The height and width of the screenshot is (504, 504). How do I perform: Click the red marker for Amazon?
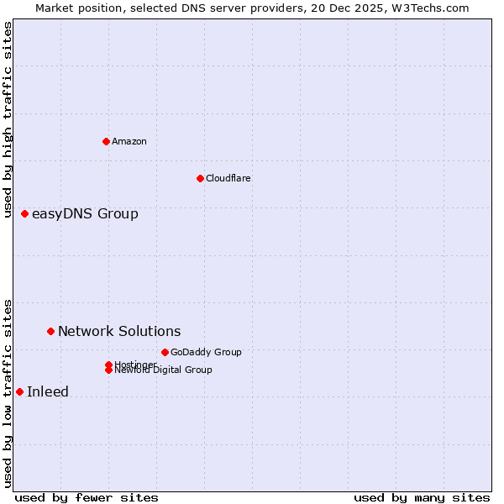[106, 141]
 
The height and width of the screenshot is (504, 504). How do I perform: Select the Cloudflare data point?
[200, 178]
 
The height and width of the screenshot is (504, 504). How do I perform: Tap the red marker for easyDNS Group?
[25, 214]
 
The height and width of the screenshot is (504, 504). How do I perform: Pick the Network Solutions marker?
[50, 332]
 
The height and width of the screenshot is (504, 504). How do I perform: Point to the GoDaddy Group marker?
[165, 352]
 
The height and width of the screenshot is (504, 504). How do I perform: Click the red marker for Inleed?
[19, 391]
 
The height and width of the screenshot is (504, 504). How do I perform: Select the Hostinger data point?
[108, 365]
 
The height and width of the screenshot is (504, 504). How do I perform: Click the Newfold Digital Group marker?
[108, 370]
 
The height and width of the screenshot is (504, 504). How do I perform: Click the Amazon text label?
[129, 141]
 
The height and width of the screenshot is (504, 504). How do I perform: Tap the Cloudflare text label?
[228, 178]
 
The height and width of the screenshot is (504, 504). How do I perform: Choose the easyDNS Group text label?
[85, 214]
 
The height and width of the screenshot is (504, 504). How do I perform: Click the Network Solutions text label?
[119, 332]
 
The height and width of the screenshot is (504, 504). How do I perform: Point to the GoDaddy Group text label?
[206, 352]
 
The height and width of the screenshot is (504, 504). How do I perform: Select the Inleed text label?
[48, 391]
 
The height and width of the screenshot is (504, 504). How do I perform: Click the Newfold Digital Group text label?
[164, 370]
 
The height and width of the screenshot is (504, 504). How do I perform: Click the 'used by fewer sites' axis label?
[87, 497]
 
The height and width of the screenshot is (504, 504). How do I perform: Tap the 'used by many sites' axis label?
[422, 497]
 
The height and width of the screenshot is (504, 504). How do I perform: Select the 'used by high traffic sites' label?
[8, 120]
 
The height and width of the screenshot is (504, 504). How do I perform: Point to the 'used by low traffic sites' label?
[8, 393]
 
